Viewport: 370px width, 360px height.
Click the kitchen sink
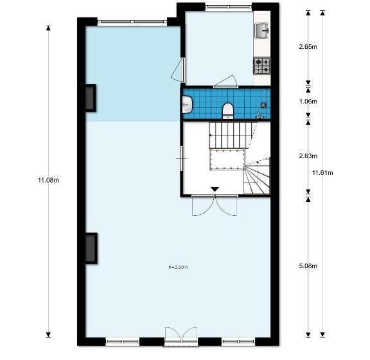261,30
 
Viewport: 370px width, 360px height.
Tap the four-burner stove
262,66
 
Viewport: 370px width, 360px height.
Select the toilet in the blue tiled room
228,111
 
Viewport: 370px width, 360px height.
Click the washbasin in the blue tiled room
188,104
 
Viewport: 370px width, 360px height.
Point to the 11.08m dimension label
48,181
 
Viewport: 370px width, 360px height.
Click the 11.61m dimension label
322,173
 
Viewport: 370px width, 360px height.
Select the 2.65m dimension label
308,47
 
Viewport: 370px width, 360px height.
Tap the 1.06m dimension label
308,102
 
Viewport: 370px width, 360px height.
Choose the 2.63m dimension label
308,156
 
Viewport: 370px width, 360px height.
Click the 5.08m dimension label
308,266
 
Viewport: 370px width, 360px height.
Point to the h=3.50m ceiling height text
178,267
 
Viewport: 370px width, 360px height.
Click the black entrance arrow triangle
215,189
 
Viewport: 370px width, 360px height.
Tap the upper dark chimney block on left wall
91,98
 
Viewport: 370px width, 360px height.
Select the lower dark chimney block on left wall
91,248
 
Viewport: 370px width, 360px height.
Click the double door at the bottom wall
181,337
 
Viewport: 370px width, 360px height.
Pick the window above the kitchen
229,7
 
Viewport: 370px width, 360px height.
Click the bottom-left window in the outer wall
123,341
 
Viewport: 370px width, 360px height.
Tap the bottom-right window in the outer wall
238,341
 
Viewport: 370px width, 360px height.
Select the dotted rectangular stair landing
227,159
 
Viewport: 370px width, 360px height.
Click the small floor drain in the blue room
263,105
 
